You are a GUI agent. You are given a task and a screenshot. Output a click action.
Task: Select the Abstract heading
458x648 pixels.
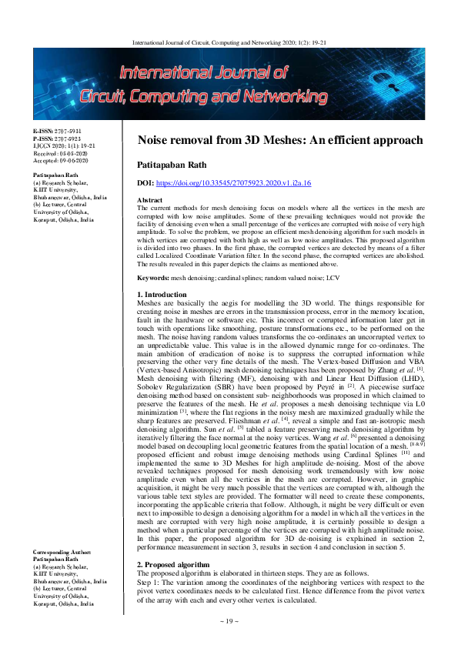pyautogui.click(x=150, y=200)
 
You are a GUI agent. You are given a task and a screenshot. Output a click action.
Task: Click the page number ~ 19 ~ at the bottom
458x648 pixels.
pyautogui.click(x=229, y=641)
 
